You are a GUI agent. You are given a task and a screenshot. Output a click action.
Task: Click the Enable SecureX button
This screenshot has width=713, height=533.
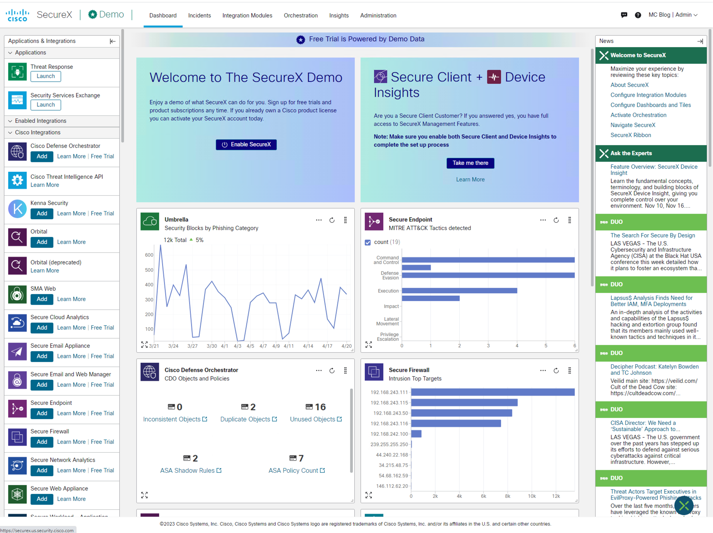[246, 144]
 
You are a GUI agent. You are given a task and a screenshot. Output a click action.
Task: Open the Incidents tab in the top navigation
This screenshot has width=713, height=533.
[199, 15]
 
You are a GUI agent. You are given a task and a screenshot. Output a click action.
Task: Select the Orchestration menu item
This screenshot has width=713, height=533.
[300, 15]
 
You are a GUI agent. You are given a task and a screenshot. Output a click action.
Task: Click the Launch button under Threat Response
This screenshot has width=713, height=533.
[46, 76]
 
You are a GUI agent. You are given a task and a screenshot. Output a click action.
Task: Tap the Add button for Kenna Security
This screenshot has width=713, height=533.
[42, 213]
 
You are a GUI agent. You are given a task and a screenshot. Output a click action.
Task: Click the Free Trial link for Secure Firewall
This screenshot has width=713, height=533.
[102, 442]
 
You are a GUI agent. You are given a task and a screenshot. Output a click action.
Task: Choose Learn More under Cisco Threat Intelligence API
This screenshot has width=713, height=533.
[45, 185]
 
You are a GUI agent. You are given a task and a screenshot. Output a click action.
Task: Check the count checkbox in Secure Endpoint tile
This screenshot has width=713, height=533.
[368, 242]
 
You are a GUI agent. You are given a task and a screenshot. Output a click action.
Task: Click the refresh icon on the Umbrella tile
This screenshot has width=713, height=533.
[332, 220]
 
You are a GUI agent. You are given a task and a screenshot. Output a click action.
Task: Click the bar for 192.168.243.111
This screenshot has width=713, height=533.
[493, 392]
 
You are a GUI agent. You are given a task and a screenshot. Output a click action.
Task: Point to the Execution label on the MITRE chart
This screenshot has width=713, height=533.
[388, 291]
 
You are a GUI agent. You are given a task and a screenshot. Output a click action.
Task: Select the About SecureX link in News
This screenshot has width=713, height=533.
[629, 85]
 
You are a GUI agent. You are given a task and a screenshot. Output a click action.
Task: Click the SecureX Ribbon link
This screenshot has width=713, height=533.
[630, 135]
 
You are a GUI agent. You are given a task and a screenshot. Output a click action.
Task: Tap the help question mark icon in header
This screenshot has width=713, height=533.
[638, 15]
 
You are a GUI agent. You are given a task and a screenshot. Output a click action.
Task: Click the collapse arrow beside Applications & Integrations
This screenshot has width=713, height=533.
[112, 41]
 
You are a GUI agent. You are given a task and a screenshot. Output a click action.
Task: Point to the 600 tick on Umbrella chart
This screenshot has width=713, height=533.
[149, 255]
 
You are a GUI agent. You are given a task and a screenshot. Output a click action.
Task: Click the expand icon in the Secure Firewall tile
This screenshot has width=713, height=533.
[369, 495]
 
